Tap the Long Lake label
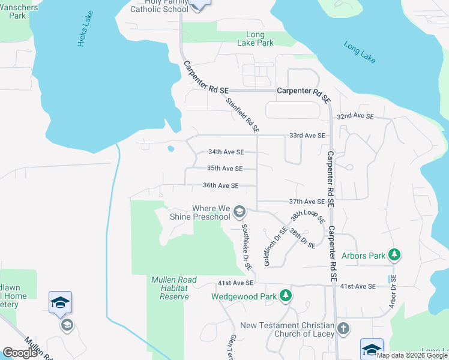point(360,52)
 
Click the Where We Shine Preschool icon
point(240,211)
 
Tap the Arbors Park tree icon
point(394,256)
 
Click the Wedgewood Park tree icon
point(287,296)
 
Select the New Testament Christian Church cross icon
point(343,329)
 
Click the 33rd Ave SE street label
point(307,136)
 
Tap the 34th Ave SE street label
point(226,152)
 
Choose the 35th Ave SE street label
point(224,169)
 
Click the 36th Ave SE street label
point(221,186)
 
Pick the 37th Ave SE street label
point(307,202)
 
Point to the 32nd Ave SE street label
point(355,116)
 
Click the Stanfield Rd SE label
point(243,115)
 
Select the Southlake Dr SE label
point(246,247)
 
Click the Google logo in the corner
point(20,353)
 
